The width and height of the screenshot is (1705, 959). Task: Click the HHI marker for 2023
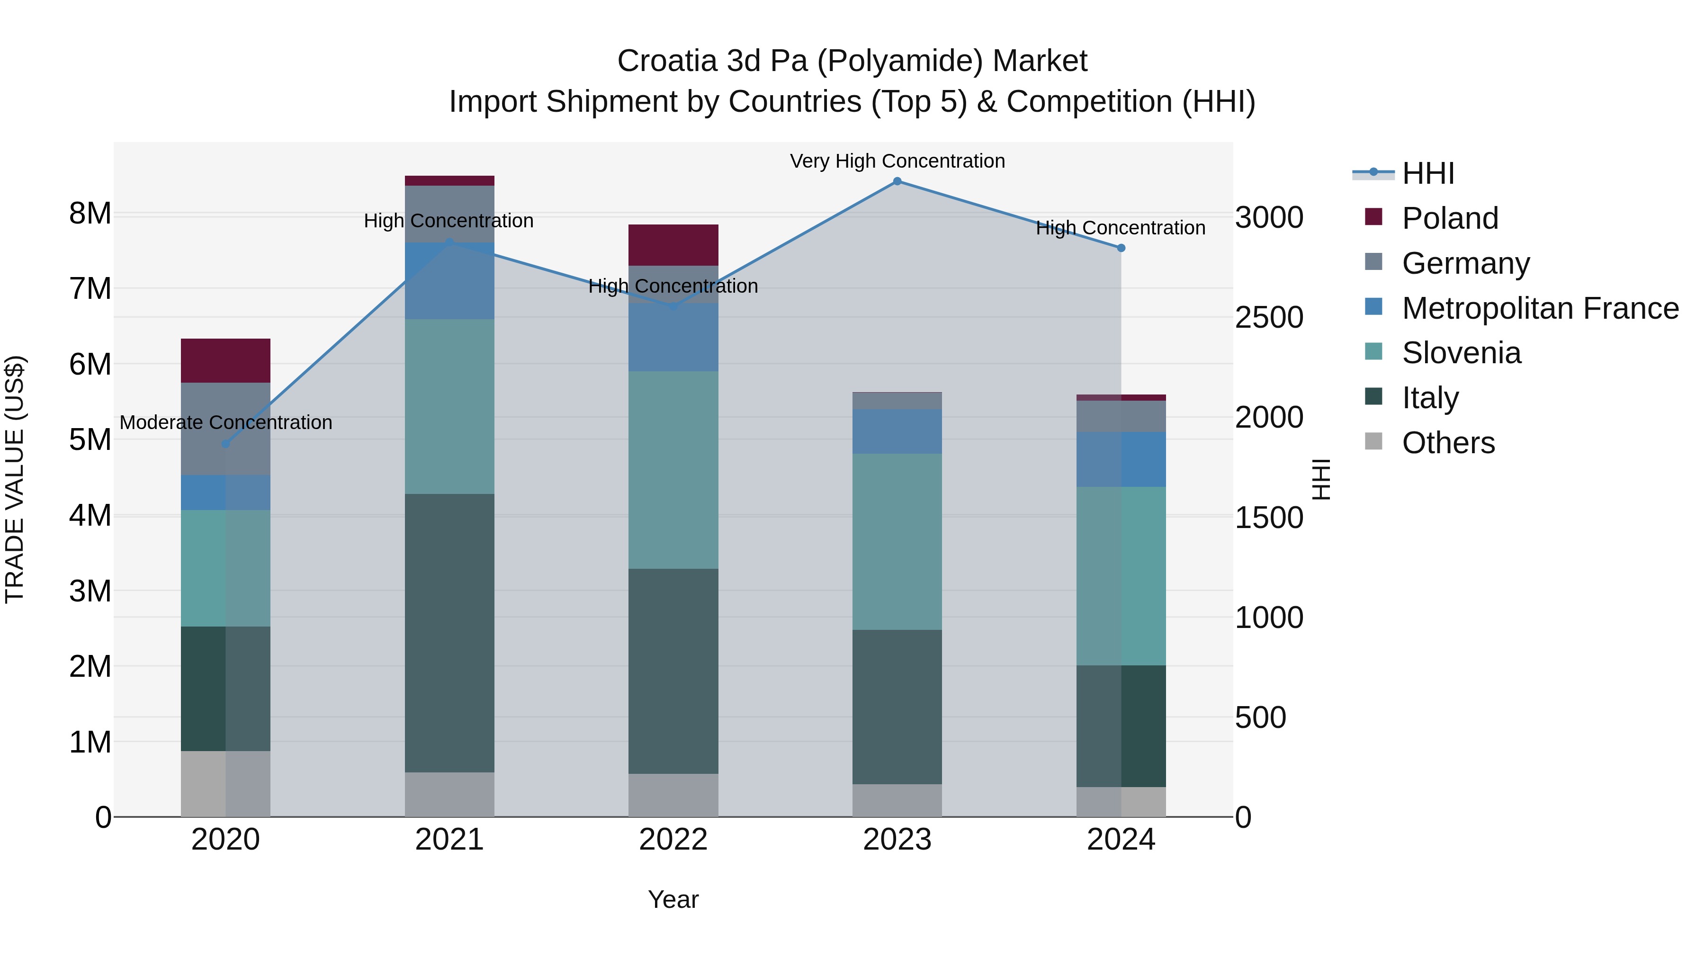point(897,181)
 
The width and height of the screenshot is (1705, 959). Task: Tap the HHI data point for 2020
point(226,443)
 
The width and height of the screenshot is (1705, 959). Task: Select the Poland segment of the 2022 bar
point(673,245)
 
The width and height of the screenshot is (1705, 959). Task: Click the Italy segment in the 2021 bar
point(449,633)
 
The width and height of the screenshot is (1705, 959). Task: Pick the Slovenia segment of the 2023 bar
point(897,541)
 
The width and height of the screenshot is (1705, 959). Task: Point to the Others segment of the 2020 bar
point(226,784)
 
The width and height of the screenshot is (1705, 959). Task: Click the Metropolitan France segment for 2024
point(1121,459)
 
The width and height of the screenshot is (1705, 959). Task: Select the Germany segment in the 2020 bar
point(226,429)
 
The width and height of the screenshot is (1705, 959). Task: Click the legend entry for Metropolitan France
point(1540,308)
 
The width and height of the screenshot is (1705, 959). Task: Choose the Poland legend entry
point(1450,218)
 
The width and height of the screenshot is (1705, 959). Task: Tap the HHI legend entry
point(1427,173)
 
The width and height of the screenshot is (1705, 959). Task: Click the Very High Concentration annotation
point(897,161)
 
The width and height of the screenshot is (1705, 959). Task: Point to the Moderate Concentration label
point(226,422)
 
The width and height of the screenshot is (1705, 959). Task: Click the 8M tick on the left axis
point(90,214)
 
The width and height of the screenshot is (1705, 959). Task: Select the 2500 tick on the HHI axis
point(1269,318)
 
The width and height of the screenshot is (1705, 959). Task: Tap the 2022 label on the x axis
point(673,840)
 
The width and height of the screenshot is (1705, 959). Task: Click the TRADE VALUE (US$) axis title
point(15,479)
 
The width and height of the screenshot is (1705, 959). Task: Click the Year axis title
point(673,899)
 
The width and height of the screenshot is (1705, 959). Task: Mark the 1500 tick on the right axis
point(1269,518)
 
